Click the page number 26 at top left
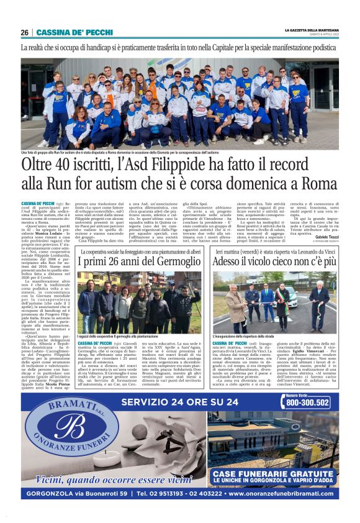(x=25, y=32)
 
